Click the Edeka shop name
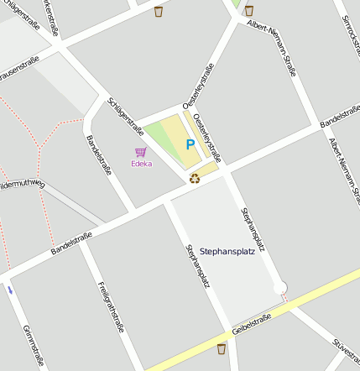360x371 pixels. (141, 164)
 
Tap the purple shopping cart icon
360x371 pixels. (140, 152)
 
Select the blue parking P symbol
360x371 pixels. (190, 145)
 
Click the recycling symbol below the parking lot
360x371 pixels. (195, 177)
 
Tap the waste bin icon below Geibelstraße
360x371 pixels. (222, 348)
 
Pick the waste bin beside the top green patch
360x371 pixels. (248, 10)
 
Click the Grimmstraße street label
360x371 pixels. (32, 344)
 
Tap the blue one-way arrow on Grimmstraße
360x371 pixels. (10, 290)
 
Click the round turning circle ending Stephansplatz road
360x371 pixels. (280, 287)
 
